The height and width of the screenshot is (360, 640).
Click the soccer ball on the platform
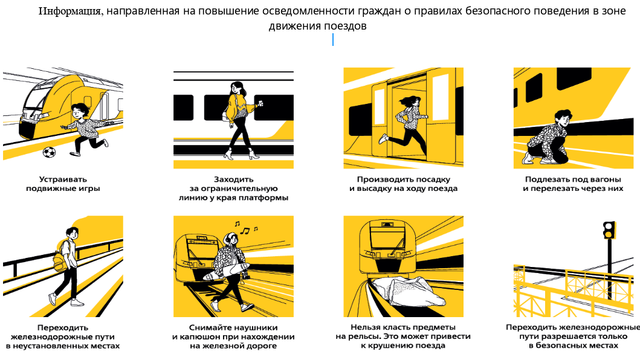[x=49, y=153]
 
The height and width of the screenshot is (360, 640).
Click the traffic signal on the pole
[x=609, y=230]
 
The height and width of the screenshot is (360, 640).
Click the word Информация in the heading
[x=69, y=11]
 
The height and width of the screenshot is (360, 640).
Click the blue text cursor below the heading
[x=333, y=40]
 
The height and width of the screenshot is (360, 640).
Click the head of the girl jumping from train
[x=412, y=101]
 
